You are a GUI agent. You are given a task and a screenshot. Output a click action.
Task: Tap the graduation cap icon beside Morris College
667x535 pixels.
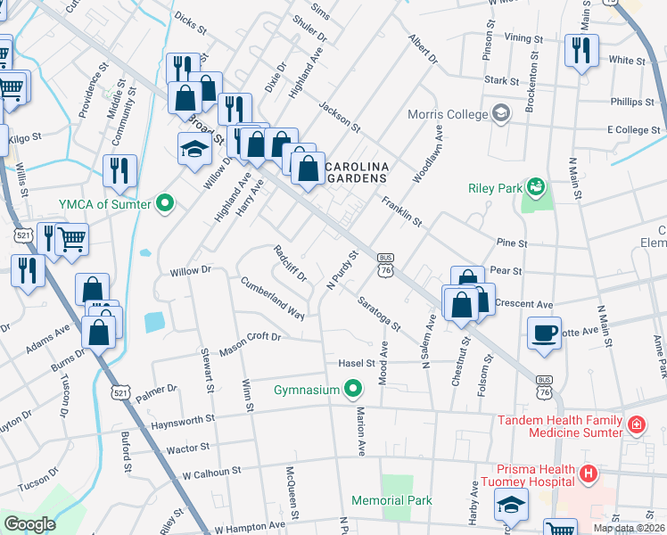pyautogui.click(x=501, y=114)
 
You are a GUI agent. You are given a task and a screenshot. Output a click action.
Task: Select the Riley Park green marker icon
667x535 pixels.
pyautogui.click(x=536, y=187)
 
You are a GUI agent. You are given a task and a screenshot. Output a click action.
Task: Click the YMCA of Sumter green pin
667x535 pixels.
pyautogui.click(x=164, y=204)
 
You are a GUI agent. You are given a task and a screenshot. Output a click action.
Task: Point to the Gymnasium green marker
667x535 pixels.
pyautogui.click(x=354, y=390)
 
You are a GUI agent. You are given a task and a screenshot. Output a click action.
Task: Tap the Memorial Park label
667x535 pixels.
pyautogui.click(x=391, y=501)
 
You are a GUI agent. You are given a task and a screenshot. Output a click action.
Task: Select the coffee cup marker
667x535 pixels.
pyautogui.click(x=544, y=333)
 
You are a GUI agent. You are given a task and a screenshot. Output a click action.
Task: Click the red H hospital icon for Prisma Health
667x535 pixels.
pyautogui.click(x=587, y=471)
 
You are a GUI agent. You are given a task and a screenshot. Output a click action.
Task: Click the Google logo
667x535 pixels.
pyautogui.click(x=29, y=523)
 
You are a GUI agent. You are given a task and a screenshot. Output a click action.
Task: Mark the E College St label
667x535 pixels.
pyautogui.click(x=633, y=130)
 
